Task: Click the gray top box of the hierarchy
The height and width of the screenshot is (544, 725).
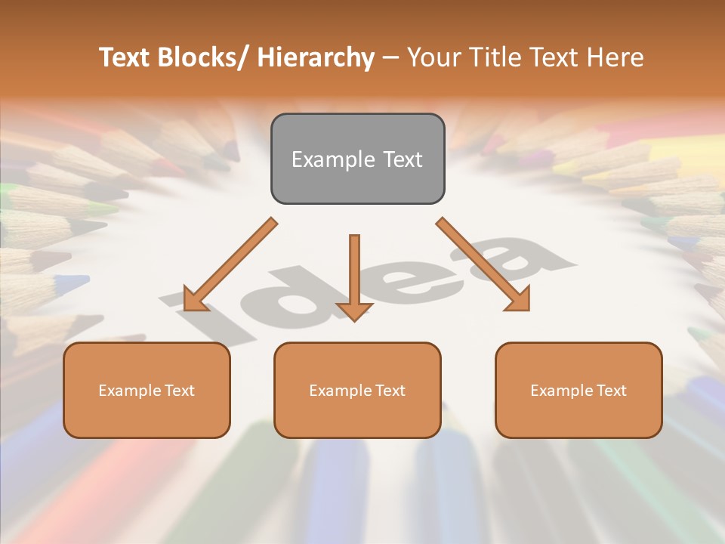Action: tap(357, 159)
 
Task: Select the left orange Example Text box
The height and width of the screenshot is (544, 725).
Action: tap(147, 390)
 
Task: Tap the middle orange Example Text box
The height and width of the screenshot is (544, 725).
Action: tap(357, 390)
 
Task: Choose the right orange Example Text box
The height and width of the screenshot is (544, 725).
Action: tap(578, 390)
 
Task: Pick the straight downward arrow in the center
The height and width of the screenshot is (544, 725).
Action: tap(354, 276)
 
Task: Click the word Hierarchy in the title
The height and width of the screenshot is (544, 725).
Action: tap(316, 57)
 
